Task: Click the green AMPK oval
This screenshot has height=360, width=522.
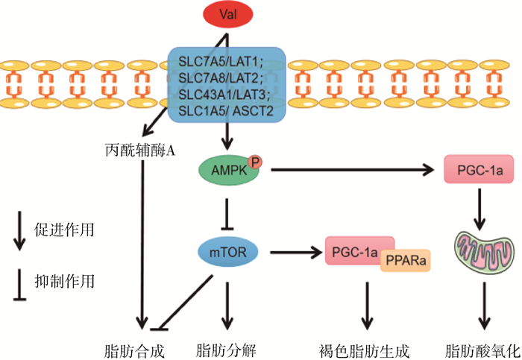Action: tap(230, 171)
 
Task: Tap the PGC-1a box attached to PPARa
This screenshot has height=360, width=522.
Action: tap(351, 252)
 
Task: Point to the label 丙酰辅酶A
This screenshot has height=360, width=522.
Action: tap(141, 150)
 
